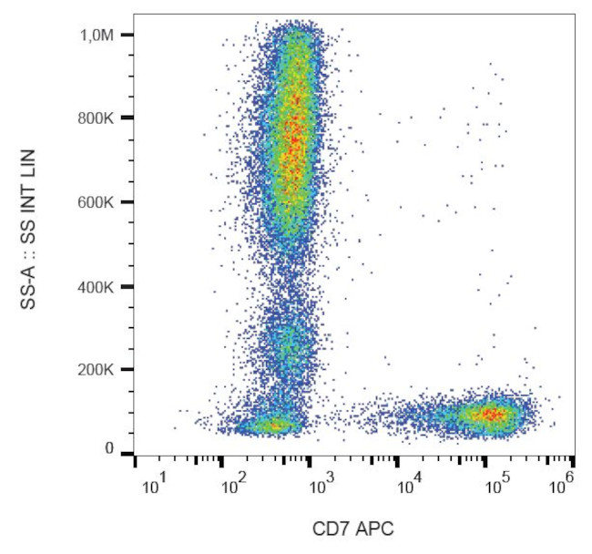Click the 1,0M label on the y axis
point(95,35)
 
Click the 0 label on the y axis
point(108,449)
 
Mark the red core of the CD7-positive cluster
point(489,415)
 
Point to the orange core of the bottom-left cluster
point(270,424)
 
